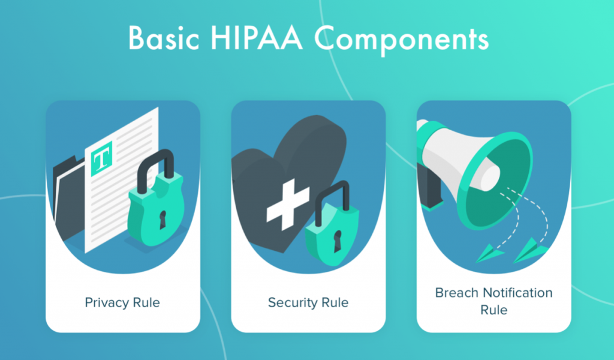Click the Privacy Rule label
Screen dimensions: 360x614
(x=122, y=302)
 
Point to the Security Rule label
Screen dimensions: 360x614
(x=308, y=302)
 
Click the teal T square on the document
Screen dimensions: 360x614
(x=101, y=160)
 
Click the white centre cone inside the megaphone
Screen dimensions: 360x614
(x=489, y=175)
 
